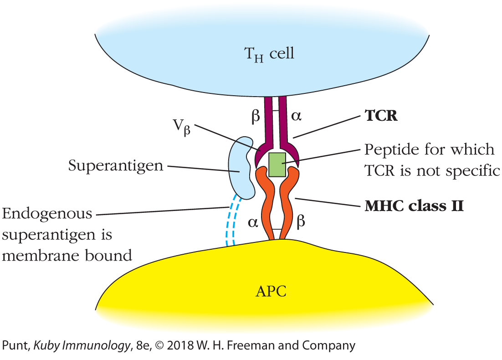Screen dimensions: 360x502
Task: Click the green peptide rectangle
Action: [277, 164]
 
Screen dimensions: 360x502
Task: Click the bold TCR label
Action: [381, 116]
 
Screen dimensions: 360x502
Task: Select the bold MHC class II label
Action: [414, 206]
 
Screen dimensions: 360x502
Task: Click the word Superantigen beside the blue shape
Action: [116, 165]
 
